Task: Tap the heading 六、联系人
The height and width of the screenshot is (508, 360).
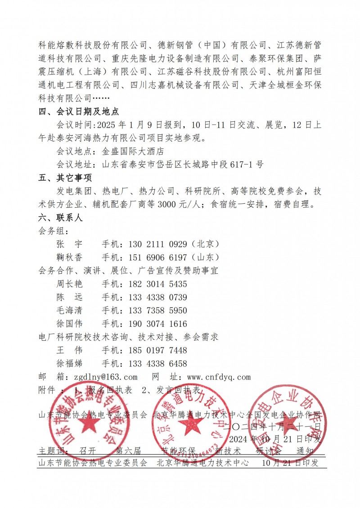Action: [61, 218]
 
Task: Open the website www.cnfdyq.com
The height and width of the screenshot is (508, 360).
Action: [218, 377]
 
